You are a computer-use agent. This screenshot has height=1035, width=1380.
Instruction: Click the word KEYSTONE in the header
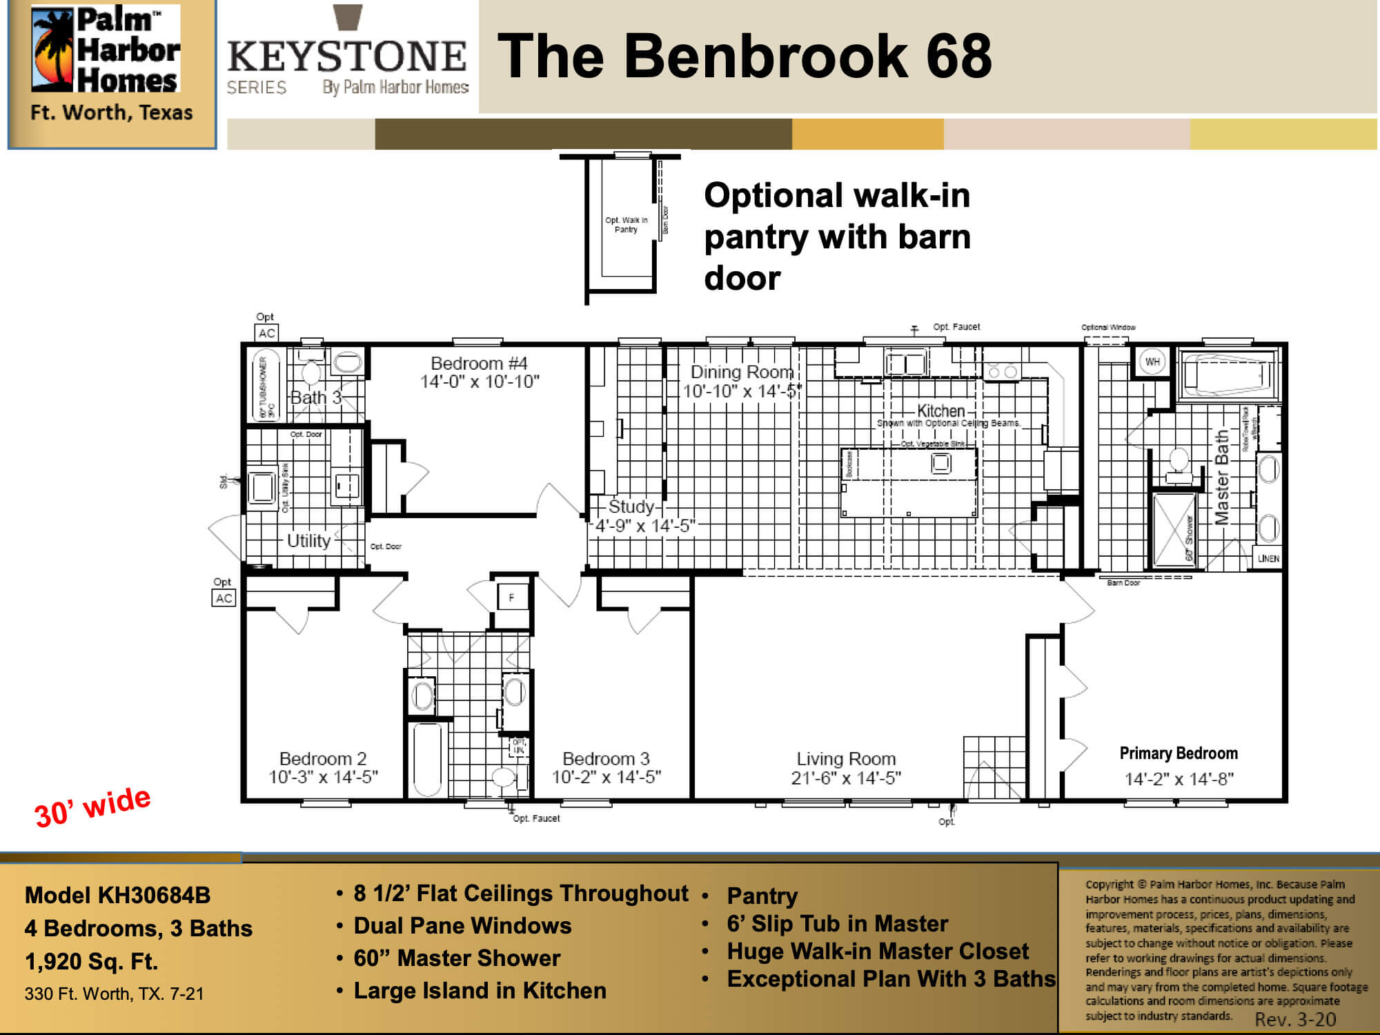(x=346, y=57)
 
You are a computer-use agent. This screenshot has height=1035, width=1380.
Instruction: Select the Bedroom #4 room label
(x=479, y=364)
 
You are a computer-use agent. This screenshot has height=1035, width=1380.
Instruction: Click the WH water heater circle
(x=1152, y=362)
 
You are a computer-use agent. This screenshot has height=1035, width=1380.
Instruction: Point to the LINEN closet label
(x=1268, y=558)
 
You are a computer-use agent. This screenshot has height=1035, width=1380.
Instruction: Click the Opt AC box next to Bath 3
(x=266, y=333)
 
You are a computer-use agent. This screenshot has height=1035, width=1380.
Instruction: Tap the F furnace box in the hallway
(x=511, y=598)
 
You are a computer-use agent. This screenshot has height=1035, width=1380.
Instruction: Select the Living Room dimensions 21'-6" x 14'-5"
(x=846, y=778)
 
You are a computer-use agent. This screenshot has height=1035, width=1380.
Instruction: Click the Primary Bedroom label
(x=1179, y=753)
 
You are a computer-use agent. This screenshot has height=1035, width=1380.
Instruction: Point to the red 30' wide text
(x=92, y=807)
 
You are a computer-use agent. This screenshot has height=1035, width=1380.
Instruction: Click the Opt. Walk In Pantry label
(x=626, y=225)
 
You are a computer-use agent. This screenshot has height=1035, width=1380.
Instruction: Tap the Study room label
(x=631, y=506)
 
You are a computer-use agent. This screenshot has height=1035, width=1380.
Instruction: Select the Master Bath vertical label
(x=1221, y=477)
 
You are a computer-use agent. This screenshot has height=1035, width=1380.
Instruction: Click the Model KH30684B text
(x=117, y=895)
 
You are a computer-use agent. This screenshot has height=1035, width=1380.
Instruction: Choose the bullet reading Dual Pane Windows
(x=462, y=925)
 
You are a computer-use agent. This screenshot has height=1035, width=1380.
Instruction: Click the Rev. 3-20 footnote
(x=1295, y=1019)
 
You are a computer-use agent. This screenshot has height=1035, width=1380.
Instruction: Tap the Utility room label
(x=308, y=540)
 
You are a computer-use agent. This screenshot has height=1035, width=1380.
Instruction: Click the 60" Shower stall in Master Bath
(x=1173, y=528)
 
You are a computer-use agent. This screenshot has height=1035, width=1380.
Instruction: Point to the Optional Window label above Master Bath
(x=1108, y=327)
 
